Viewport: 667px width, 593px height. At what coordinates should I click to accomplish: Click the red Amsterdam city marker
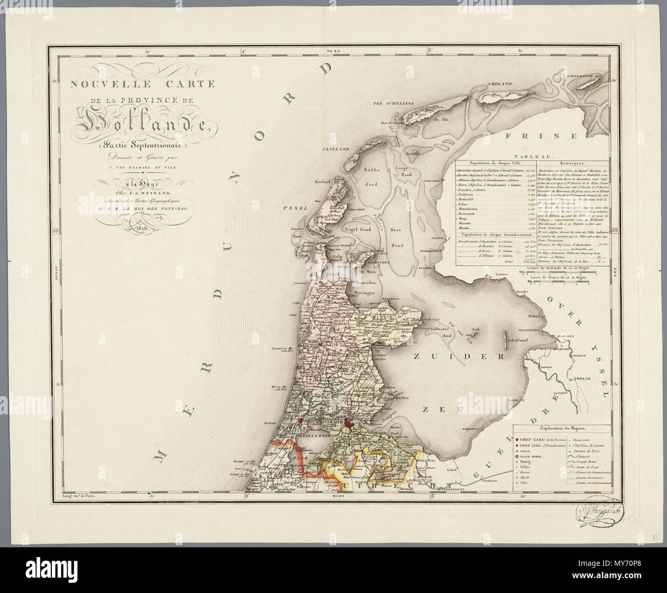pos(349,424)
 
